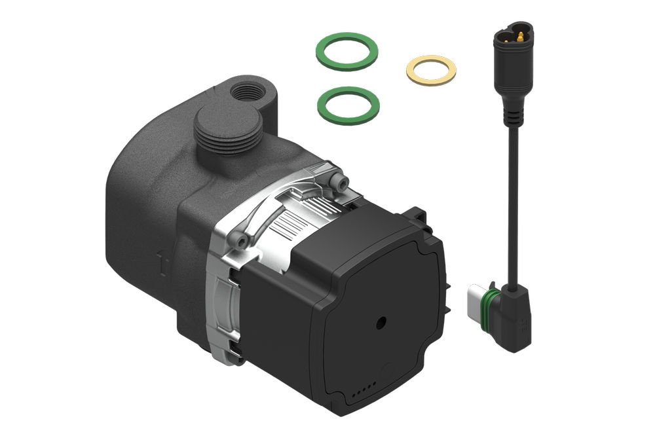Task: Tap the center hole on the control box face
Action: pos(381,323)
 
